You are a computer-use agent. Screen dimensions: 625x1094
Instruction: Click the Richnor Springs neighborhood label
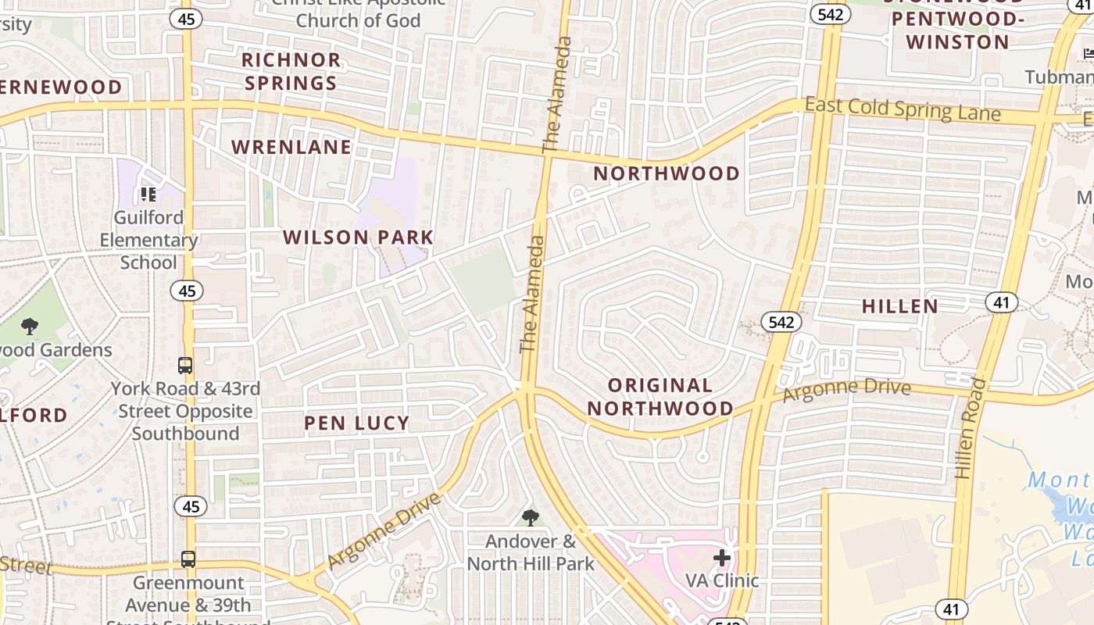[x=291, y=71]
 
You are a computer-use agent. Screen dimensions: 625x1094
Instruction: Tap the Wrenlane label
[x=291, y=147]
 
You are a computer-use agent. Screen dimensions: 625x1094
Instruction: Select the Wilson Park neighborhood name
[x=358, y=237]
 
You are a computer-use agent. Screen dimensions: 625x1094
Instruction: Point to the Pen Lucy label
[x=356, y=423]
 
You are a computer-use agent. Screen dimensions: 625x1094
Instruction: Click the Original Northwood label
[x=660, y=396]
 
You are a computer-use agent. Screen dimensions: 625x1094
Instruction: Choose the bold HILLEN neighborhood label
[x=899, y=306]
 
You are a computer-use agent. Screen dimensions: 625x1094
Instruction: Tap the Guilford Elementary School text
[x=148, y=240]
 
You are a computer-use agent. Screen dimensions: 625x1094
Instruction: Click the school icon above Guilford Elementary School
[x=148, y=194]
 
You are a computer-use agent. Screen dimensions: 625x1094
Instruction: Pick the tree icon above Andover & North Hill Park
[x=531, y=516]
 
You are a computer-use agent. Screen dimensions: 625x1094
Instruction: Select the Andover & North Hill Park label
[x=531, y=552]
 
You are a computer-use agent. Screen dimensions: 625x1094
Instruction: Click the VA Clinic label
[x=721, y=580]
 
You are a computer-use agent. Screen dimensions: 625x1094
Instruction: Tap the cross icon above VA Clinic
[x=721, y=558]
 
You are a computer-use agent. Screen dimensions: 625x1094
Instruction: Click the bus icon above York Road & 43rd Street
[x=185, y=365]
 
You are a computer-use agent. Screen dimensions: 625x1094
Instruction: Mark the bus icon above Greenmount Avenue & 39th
[x=188, y=559]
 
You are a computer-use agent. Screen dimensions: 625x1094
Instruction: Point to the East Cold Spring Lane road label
[x=902, y=109]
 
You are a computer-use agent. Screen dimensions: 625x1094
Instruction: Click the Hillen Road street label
[x=967, y=428]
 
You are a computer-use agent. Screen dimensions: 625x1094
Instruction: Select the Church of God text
[x=358, y=20]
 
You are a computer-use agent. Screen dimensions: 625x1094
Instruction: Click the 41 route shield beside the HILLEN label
[x=1001, y=302]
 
